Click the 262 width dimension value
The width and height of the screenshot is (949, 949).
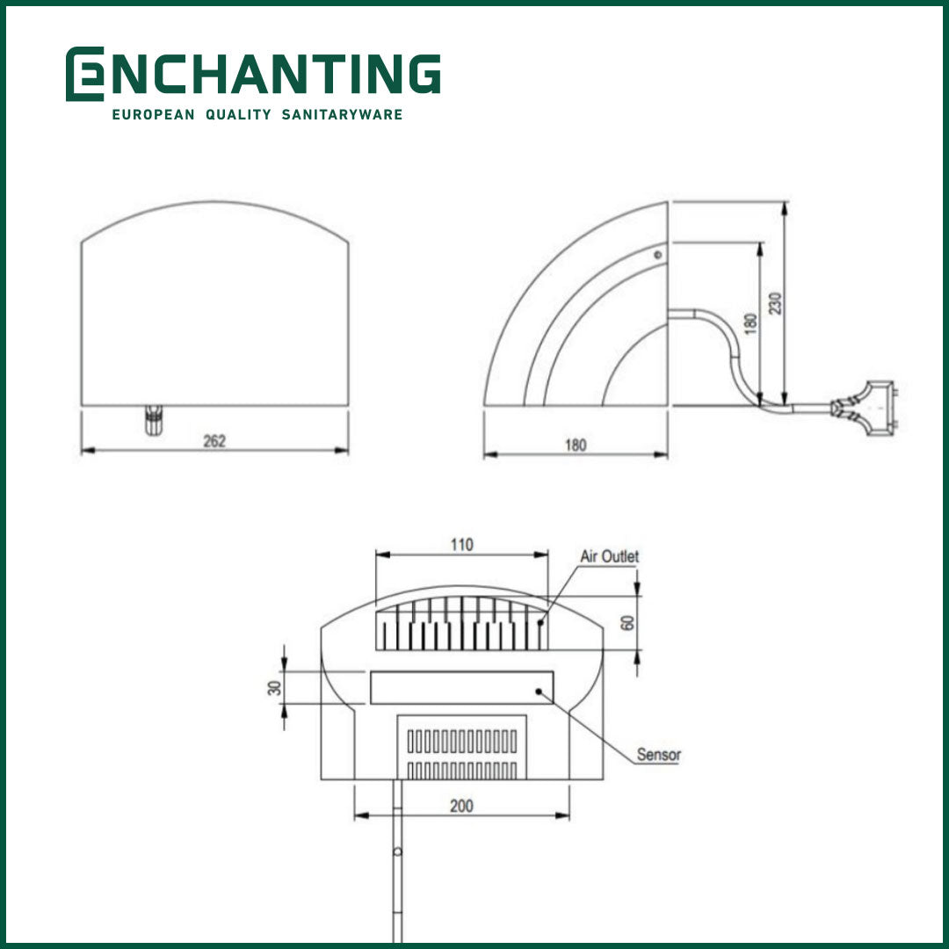click(x=214, y=441)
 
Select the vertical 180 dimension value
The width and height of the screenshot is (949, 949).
click(x=750, y=322)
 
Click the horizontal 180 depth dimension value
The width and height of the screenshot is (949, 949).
click(x=575, y=445)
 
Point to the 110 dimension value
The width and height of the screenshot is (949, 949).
click(x=462, y=545)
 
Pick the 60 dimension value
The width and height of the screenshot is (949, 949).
click(x=627, y=622)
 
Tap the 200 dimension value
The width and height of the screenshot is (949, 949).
click(x=461, y=806)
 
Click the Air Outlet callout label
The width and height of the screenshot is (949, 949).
click(x=610, y=556)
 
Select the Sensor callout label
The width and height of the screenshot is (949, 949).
click(x=659, y=754)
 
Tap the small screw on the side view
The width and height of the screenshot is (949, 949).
click(x=657, y=255)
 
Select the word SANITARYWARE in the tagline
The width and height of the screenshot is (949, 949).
click(x=342, y=115)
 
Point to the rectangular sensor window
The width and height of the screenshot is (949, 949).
click(x=461, y=687)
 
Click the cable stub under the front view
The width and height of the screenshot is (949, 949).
click(x=154, y=419)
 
